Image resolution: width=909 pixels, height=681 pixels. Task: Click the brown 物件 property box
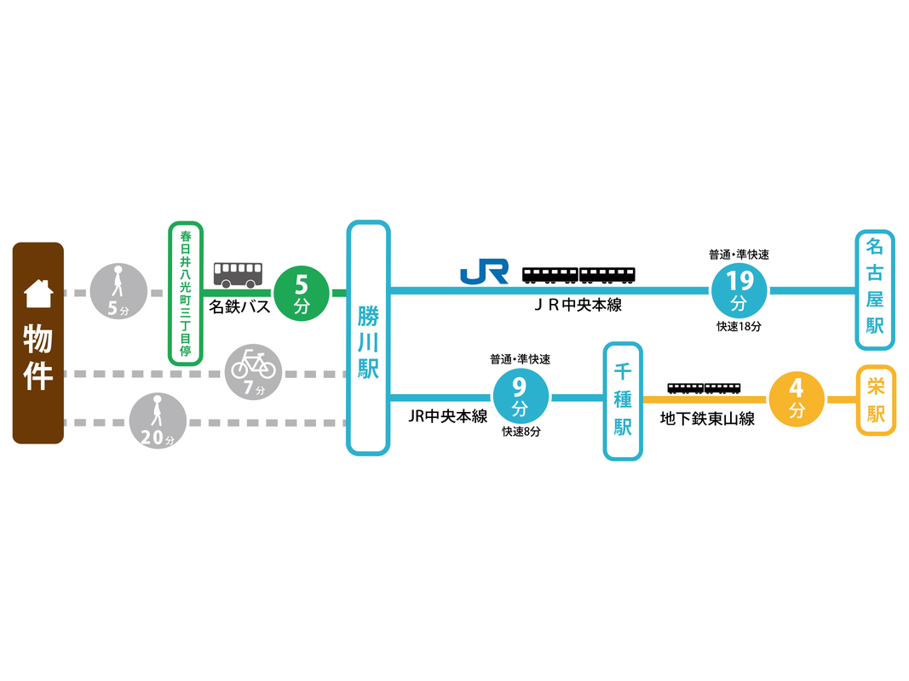tap(38, 343)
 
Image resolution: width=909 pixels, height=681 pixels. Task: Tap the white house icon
tap(38, 294)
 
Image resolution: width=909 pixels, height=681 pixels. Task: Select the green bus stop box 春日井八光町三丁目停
tap(186, 293)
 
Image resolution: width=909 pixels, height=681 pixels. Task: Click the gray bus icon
tap(238, 274)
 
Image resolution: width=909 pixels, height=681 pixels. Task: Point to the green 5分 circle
tap(301, 293)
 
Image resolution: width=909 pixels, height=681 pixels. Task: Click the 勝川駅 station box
tap(368, 338)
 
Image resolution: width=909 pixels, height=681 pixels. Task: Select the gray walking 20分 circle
tap(158, 421)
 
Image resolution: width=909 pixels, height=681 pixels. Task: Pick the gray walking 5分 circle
tap(118, 292)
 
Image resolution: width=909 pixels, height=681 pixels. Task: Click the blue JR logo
tap(484, 272)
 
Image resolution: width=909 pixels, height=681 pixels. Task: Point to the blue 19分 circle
tap(738, 290)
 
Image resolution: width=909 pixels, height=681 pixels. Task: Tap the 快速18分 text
tap(738, 326)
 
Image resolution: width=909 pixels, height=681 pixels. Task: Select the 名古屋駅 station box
tap(875, 289)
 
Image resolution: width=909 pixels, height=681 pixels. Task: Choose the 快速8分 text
tap(521, 432)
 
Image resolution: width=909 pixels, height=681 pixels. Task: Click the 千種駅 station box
tap(623, 401)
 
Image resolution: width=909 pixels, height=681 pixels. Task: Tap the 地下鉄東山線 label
tap(708, 419)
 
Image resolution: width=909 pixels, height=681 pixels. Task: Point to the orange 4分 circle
tap(797, 398)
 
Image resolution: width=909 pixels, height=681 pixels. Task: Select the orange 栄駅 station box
tap(876, 400)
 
